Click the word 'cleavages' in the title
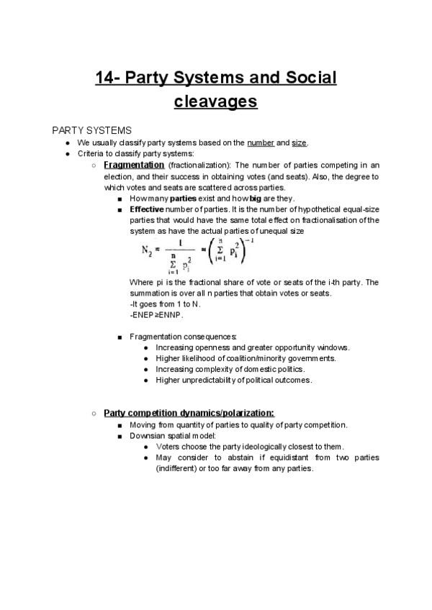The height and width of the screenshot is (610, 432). (215, 101)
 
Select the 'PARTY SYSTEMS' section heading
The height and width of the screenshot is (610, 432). (91, 130)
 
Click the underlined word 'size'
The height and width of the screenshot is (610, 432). (297, 142)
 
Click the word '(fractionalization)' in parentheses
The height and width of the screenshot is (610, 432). (195, 165)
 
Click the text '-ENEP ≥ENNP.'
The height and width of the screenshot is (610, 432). (157, 315)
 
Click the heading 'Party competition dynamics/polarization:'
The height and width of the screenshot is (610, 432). (189, 413)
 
